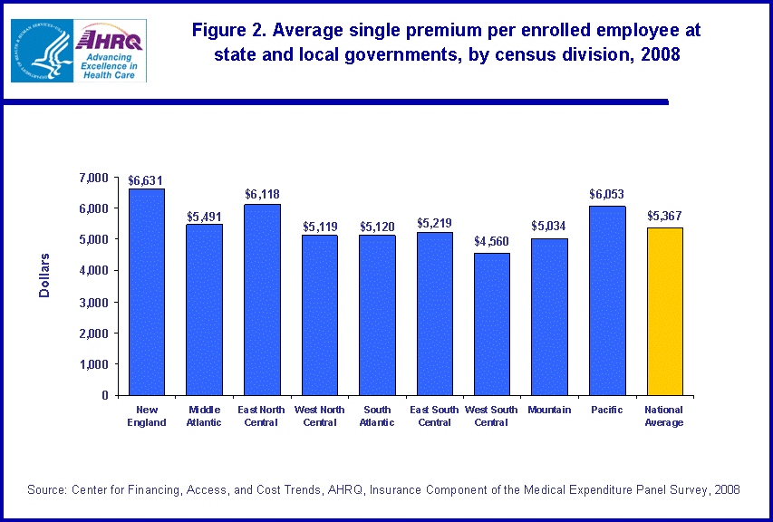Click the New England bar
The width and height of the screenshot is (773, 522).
coord(146,292)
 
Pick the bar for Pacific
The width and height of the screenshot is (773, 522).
coord(606,300)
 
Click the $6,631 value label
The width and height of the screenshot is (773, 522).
coord(145,180)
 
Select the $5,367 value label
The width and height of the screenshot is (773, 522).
coord(664,217)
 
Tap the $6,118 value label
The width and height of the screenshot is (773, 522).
coord(261,195)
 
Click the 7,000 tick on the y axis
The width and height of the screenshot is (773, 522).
coord(93,177)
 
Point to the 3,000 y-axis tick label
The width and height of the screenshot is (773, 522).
coord(93,302)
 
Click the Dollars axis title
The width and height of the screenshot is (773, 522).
coord(45,275)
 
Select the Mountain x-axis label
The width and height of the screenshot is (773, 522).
coord(549,411)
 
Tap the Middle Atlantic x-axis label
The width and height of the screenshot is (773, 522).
coord(203,416)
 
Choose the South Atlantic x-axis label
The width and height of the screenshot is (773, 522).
coord(376,416)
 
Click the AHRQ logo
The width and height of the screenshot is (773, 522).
coord(111,51)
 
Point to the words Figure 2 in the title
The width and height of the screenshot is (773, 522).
coord(227,30)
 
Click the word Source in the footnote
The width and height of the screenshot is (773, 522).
coord(46,489)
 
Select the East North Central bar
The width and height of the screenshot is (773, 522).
coord(261,299)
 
